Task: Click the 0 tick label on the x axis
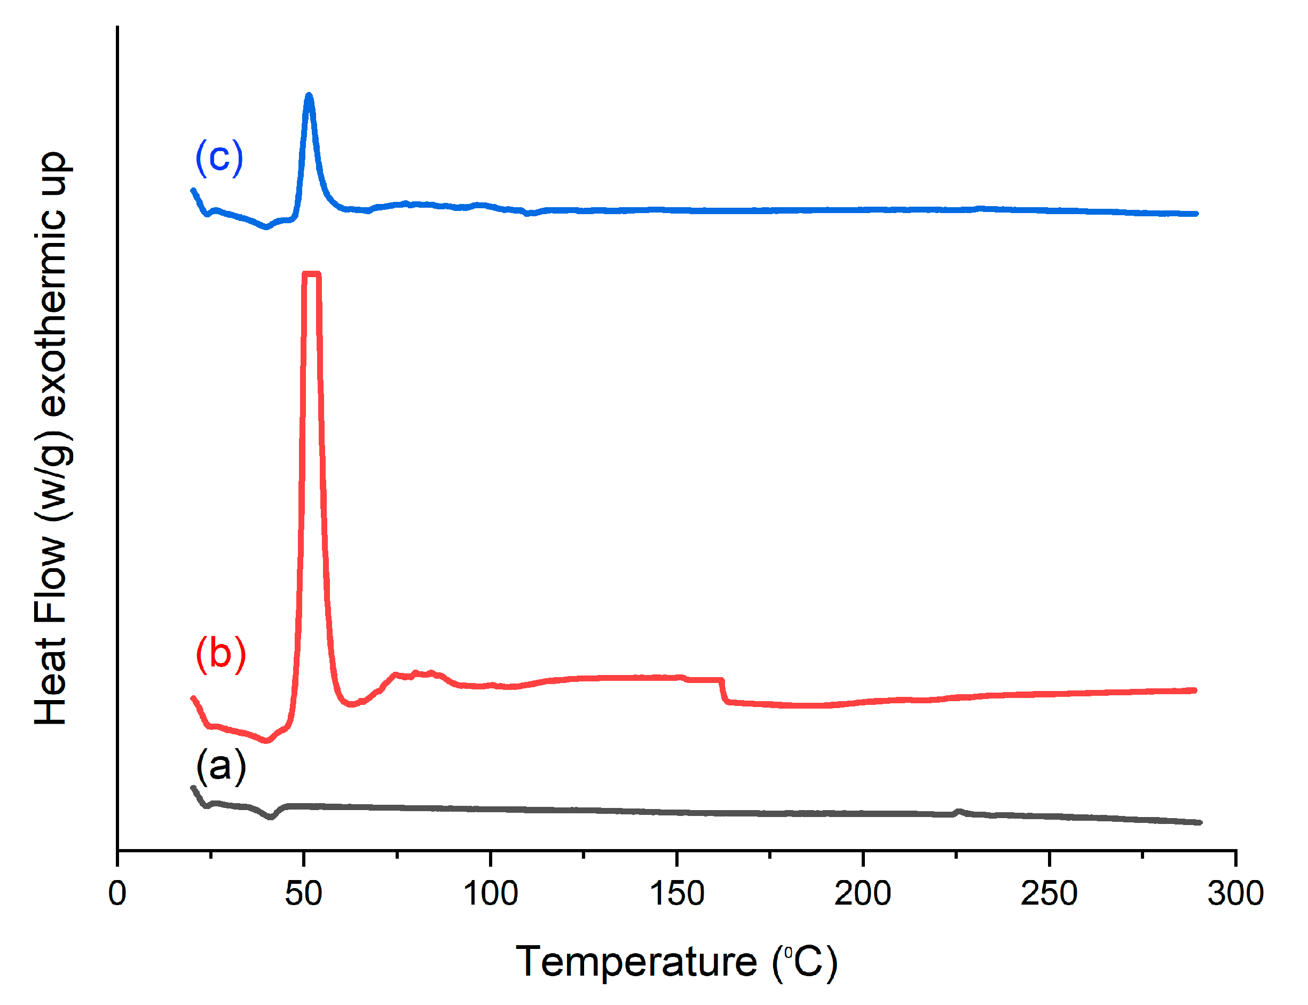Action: [117, 894]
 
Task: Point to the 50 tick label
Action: [303, 894]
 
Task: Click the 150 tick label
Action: [676, 894]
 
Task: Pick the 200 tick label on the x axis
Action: [862, 894]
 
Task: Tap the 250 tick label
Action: [1049, 894]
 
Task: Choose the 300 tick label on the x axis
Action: [1235, 894]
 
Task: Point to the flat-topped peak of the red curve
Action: [312, 274]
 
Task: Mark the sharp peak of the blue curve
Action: [309, 96]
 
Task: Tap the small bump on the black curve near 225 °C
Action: [959, 812]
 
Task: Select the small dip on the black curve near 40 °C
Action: [270, 816]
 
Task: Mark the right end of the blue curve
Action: [1195, 214]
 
